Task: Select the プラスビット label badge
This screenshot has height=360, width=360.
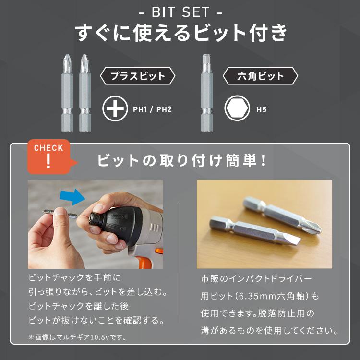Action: point(138,76)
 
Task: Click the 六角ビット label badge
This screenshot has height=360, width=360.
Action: point(261,76)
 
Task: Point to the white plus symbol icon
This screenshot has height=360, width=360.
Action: point(115,109)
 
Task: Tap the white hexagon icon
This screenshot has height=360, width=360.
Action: point(237,109)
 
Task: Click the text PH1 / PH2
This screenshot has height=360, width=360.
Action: point(152,109)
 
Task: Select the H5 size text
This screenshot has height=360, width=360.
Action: point(262,110)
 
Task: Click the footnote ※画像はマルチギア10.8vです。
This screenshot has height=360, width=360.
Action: point(77,336)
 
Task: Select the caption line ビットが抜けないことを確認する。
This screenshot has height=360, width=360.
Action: point(98,319)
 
